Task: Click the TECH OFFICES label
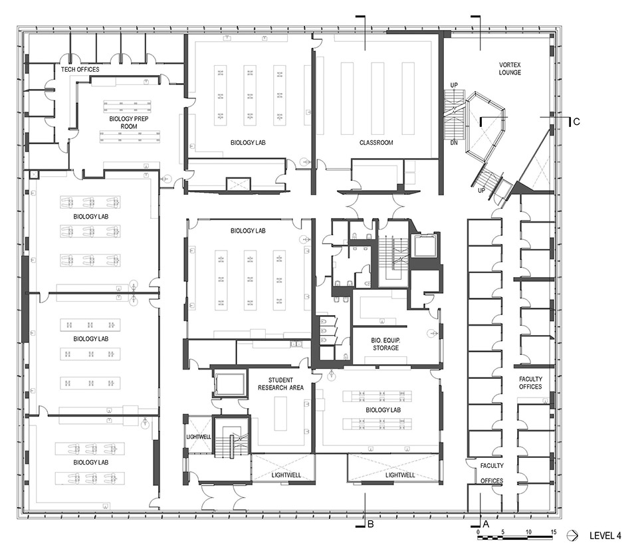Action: pos(80,69)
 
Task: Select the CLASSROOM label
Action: pos(376,142)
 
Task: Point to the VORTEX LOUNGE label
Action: pos(510,68)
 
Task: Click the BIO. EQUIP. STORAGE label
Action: pos(385,344)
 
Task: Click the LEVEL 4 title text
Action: pos(605,535)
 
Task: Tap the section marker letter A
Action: pos(486,524)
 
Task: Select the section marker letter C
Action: pos(576,122)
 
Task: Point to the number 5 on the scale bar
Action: pos(503,532)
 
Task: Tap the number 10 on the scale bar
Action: pos(528,532)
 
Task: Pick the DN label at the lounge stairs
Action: pos(455,143)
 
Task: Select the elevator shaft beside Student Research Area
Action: pos(229,384)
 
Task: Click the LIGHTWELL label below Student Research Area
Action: pos(283,475)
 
